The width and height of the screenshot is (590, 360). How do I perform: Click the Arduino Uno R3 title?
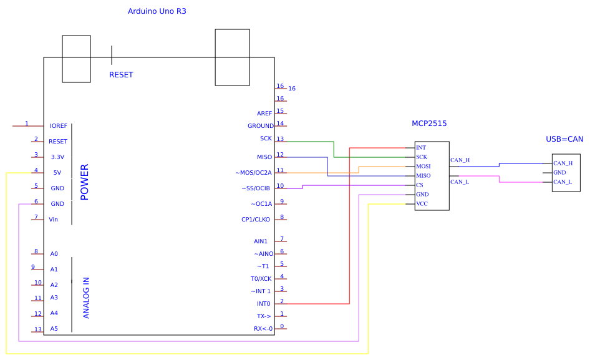pos(157,11)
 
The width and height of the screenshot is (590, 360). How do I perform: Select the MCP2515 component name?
pos(429,124)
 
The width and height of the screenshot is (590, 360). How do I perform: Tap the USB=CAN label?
pos(564,139)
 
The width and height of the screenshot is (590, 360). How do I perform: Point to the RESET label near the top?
pos(121,75)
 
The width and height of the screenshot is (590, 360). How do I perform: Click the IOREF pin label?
pos(59,126)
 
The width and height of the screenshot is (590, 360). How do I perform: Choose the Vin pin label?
pos(54,220)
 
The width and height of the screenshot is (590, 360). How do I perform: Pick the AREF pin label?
pos(264,114)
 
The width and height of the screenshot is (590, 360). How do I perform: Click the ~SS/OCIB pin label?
pos(256,188)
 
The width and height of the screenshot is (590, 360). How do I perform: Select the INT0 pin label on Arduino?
pos(264,304)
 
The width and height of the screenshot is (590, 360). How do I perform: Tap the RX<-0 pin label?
pos(263,329)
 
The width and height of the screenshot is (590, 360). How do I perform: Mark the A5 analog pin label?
pos(54,329)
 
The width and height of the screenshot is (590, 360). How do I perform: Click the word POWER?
pos(85,182)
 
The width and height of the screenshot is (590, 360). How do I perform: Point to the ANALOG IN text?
pos(86,298)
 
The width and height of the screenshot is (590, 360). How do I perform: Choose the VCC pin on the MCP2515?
pos(422,203)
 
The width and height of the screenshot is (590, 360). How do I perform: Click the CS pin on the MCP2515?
pos(420,185)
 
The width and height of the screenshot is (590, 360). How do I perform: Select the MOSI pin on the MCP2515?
pos(423,167)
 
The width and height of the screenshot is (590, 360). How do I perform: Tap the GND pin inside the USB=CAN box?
pos(559,172)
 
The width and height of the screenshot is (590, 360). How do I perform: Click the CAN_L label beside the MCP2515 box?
pos(460,182)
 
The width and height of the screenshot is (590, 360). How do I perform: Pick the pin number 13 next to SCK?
pos(281,139)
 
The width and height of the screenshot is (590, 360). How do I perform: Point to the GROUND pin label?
pos(261,126)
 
